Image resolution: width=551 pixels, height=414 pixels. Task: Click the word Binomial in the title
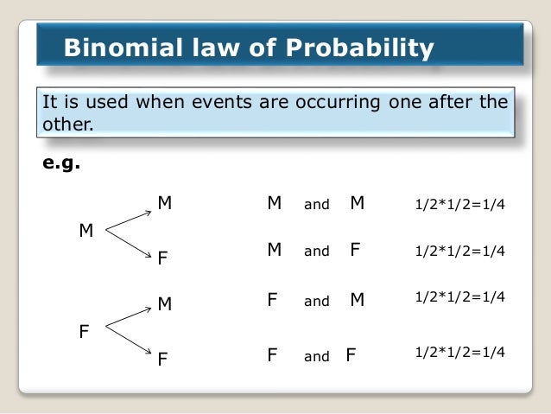coord(115,48)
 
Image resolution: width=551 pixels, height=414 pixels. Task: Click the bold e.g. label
coord(61,162)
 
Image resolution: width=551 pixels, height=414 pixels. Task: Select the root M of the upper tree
coord(86,231)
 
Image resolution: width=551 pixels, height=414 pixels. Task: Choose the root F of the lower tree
coord(85,330)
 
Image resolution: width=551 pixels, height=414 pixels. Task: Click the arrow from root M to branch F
coord(128,243)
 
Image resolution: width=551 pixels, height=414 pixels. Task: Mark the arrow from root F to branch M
coord(128,317)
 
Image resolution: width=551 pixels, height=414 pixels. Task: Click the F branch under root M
coord(161,258)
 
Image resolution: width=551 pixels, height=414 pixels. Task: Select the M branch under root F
coord(164,304)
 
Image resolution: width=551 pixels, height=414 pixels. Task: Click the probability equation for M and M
coord(459,206)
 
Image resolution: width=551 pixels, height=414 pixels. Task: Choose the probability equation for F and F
coord(459,353)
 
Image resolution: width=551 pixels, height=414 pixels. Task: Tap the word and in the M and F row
coord(317,252)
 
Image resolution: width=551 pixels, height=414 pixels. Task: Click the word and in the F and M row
coord(317,302)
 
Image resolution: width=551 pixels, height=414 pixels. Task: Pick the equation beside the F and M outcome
coord(459,296)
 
